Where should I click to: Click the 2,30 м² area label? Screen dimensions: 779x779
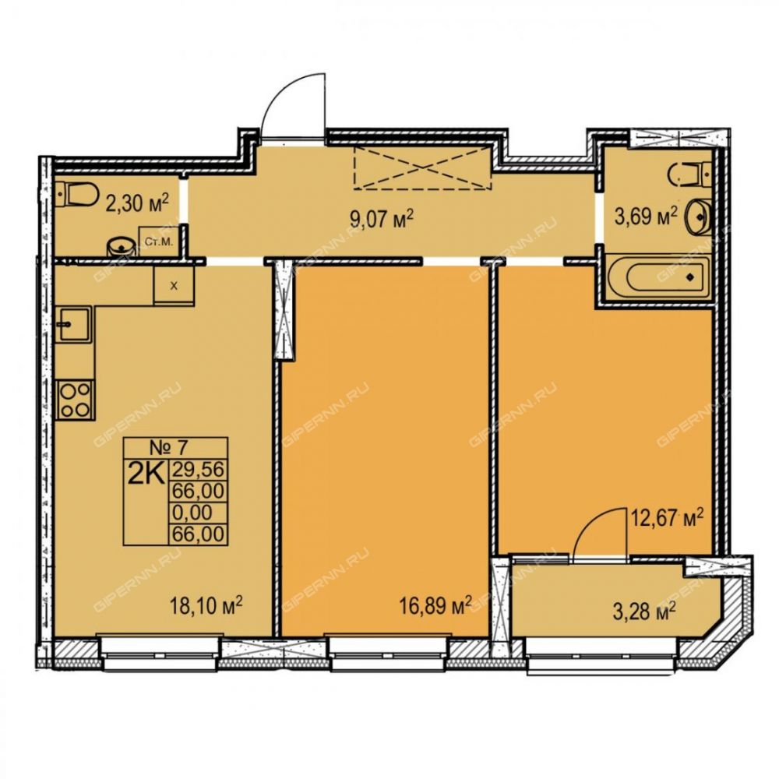(x=137, y=203)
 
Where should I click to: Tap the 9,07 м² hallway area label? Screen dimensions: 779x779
(x=382, y=219)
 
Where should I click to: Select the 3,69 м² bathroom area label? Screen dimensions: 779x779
(x=646, y=217)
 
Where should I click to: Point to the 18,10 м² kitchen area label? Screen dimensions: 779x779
(x=206, y=606)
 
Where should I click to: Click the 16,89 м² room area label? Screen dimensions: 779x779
(x=435, y=606)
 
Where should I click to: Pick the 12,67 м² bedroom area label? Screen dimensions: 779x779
(x=668, y=519)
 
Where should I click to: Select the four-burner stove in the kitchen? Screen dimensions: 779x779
(x=75, y=400)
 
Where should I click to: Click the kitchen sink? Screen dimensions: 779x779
(x=73, y=325)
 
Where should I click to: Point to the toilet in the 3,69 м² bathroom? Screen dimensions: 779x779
(x=691, y=175)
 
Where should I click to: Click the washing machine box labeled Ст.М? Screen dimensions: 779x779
(x=158, y=241)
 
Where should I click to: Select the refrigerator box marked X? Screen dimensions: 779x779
(x=174, y=285)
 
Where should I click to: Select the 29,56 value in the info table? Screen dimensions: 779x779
(x=198, y=469)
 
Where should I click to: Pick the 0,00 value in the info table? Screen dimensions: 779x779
(x=192, y=513)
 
